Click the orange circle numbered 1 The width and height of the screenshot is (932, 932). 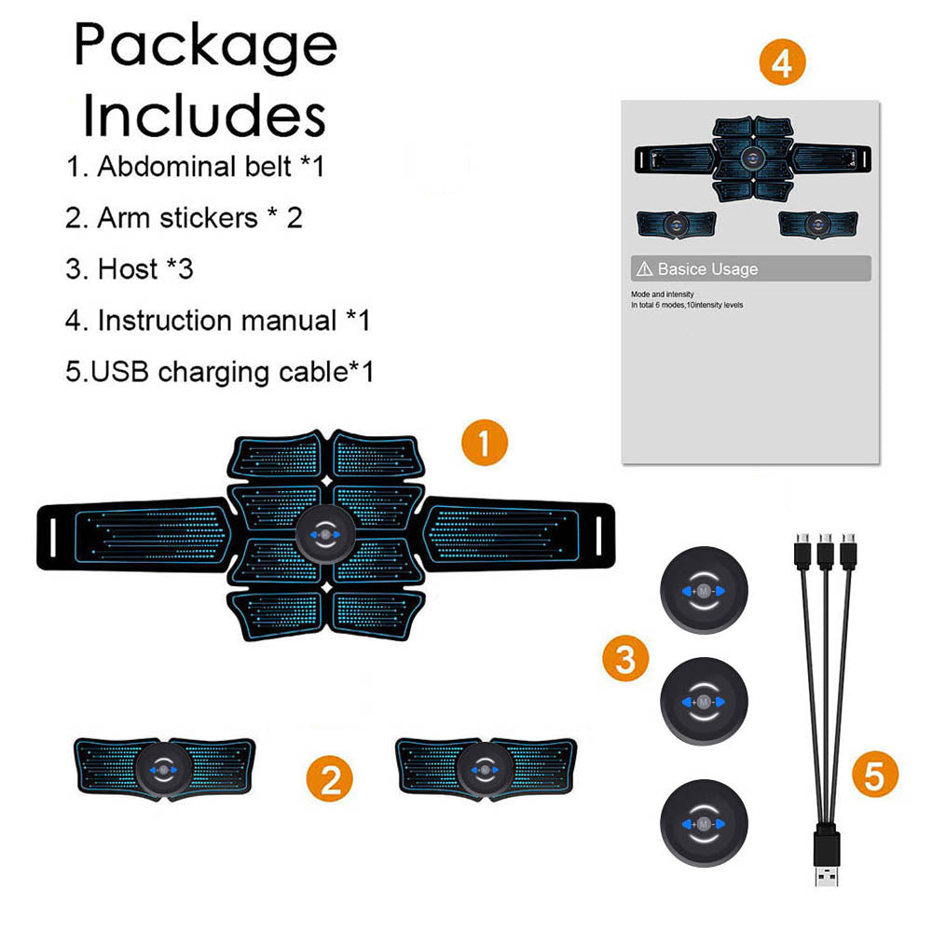(x=485, y=442)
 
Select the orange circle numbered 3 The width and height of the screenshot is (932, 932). (x=625, y=659)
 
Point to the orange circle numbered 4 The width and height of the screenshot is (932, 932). (x=781, y=62)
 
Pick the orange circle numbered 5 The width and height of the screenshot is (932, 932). (x=874, y=774)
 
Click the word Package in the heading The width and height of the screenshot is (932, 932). (x=205, y=45)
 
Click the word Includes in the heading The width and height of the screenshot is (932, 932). (x=205, y=116)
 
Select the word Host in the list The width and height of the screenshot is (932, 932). (x=128, y=269)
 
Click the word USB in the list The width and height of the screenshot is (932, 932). (x=120, y=372)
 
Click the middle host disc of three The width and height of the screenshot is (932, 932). (x=703, y=700)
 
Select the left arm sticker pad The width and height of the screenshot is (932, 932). (x=164, y=768)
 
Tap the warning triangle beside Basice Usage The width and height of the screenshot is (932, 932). (x=643, y=269)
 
